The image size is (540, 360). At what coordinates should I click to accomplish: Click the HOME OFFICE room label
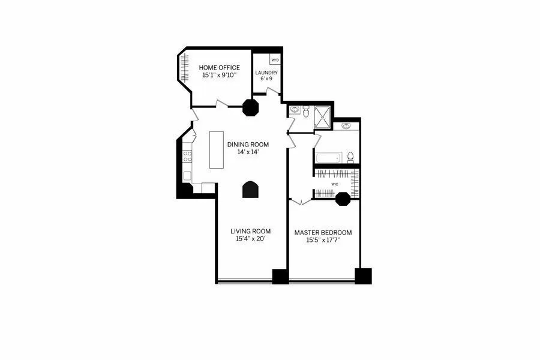[x=220, y=68]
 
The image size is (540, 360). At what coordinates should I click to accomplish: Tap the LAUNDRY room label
[x=266, y=73]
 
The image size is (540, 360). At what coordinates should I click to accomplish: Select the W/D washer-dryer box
[x=275, y=60]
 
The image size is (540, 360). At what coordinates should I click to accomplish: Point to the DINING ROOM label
[x=248, y=145]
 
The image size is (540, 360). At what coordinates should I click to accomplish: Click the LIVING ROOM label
[x=251, y=231]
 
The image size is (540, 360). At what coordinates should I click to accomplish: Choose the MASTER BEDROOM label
[x=323, y=232]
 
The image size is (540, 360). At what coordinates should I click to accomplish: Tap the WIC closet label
[x=335, y=184]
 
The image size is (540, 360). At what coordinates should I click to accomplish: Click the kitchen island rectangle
[x=216, y=149]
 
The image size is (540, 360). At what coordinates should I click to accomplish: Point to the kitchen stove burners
[x=187, y=156]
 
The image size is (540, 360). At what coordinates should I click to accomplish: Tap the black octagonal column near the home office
[x=250, y=107]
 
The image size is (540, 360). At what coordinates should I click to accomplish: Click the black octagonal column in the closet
[x=343, y=198]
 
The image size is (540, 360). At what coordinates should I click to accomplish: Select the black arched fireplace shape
[x=250, y=189]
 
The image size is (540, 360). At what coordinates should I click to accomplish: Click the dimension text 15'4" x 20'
[x=251, y=239]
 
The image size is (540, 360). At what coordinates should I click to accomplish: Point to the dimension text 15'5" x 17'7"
[x=323, y=240]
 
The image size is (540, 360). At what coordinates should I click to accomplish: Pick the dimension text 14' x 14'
[x=248, y=152]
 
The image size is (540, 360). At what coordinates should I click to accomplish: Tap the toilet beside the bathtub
[x=351, y=157]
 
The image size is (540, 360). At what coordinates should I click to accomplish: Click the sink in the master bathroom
[x=346, y=127]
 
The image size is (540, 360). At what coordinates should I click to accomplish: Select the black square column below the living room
[x=280, y=276]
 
